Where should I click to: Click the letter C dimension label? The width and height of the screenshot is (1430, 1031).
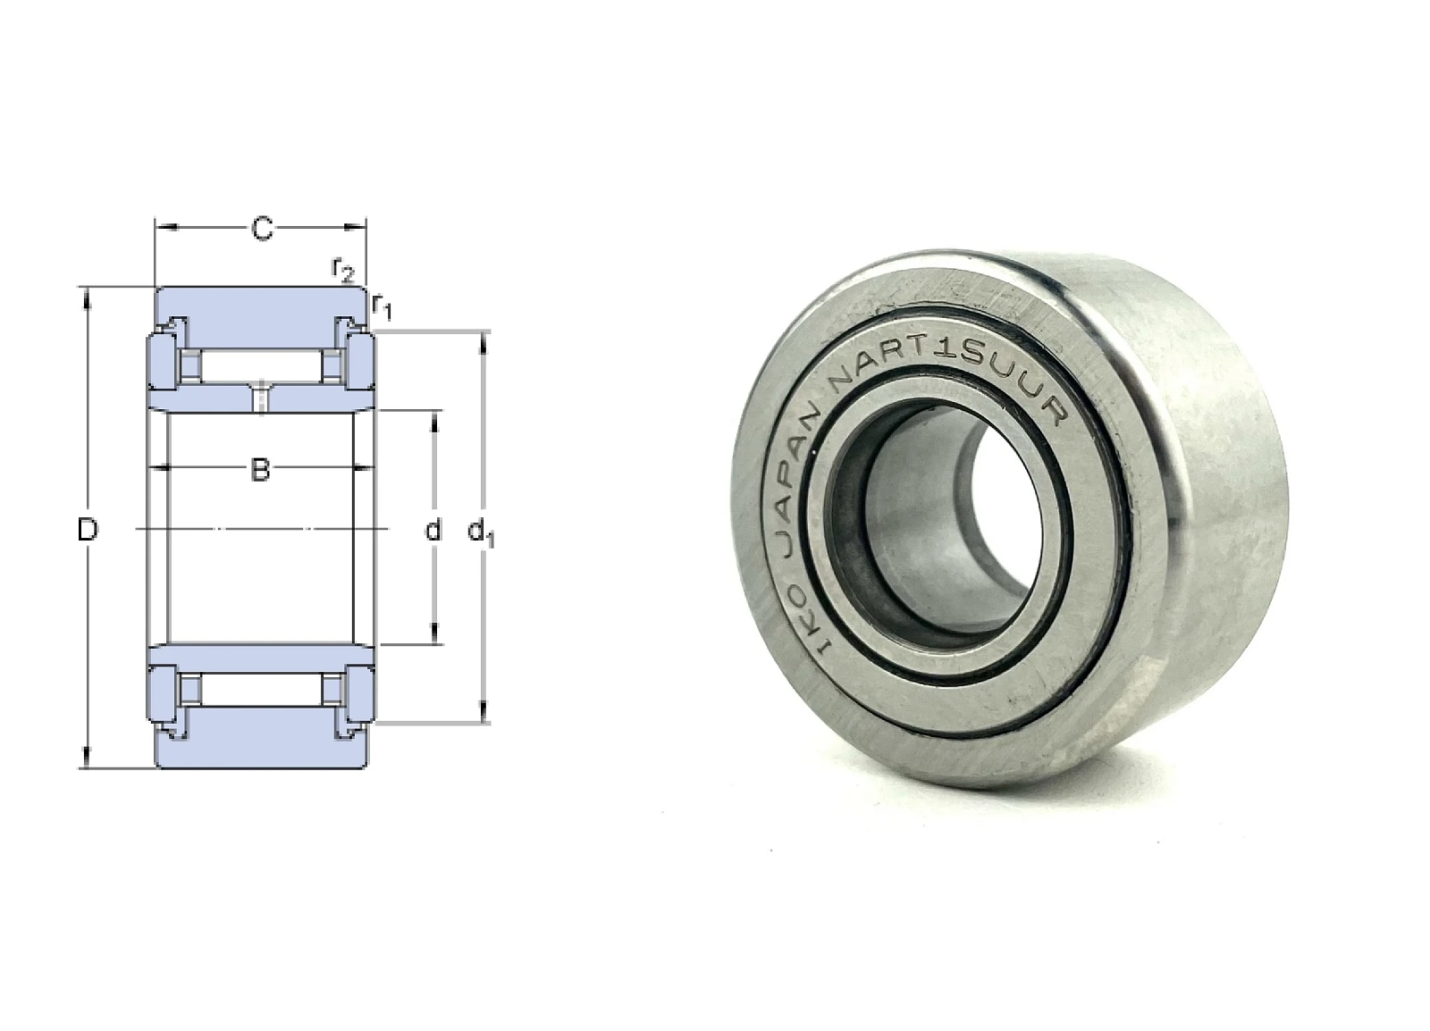coord(262,229)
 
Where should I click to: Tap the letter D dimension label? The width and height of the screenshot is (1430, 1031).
coord(88,530)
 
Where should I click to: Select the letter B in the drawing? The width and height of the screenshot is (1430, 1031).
coord(260,470)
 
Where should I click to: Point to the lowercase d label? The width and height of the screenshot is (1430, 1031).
coord(433,529)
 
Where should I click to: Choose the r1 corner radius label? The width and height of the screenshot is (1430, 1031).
coord(381,307)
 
